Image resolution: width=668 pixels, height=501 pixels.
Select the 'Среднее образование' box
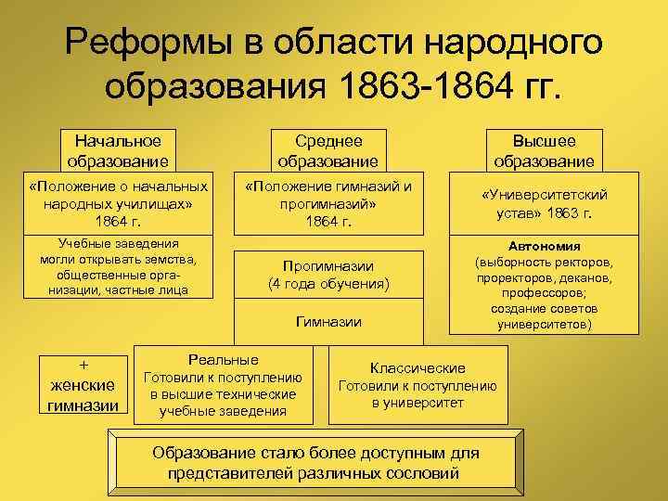pos(328,150)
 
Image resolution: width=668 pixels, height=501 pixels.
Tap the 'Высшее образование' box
pos(544,150)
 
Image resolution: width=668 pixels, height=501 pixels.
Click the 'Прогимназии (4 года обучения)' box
pos(328,274)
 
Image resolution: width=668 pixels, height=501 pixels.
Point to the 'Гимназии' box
pos(328,322)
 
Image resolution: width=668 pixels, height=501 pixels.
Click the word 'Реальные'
pos(224,359)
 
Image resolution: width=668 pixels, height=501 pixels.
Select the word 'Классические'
pos(417,367)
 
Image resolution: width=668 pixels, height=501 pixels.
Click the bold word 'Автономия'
pos(544,247)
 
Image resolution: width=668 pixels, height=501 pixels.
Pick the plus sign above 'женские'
pos(83,365)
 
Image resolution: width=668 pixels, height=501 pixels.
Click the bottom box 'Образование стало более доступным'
pos(315,463)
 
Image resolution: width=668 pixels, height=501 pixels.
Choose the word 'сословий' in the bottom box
pos(428,473)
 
